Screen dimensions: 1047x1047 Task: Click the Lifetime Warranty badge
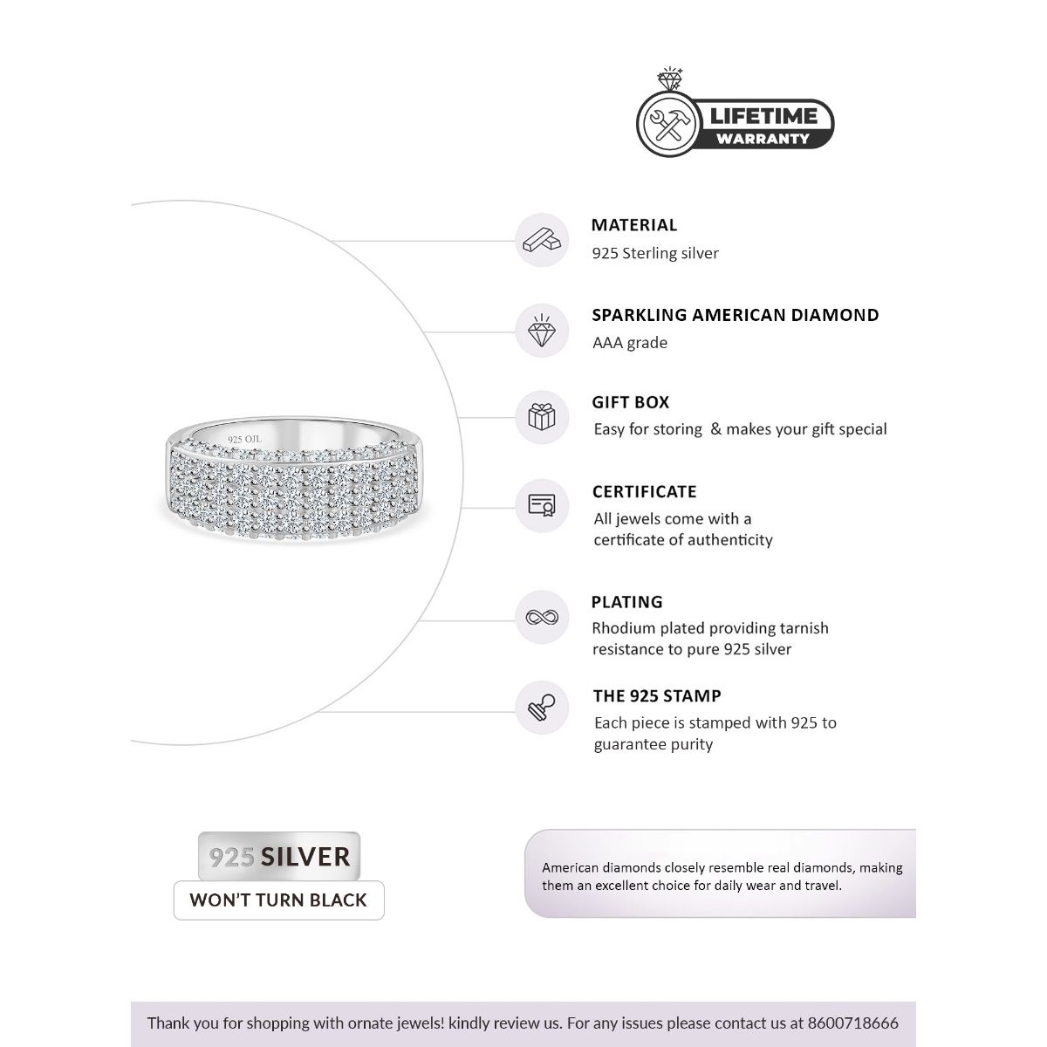735,123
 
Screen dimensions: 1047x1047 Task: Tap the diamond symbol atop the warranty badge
671,79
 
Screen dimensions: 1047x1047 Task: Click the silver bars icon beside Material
542,240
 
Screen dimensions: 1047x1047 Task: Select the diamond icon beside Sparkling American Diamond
542,331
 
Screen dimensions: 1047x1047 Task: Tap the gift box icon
542,416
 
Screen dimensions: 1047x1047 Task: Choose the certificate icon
542,505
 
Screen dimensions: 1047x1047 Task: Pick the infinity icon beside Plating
542,618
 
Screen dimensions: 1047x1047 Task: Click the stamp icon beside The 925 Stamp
542,708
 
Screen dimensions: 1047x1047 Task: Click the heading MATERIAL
634,225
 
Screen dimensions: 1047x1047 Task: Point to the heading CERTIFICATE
645,492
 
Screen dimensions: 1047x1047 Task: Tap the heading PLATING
627,602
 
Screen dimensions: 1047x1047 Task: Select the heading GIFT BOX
631,403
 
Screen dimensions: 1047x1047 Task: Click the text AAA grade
630,343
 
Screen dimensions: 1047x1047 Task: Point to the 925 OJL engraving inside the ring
244,440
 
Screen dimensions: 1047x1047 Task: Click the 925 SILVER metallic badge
279,857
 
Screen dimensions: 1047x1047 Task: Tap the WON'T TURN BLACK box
278,900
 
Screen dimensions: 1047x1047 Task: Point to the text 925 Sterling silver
655,254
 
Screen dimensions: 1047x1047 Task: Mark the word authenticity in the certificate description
730,540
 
